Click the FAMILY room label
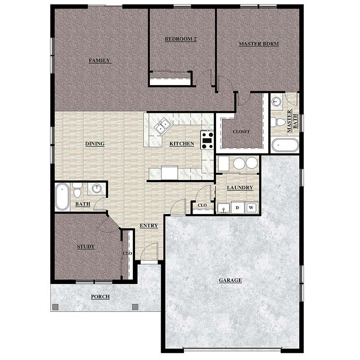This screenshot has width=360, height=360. pos(99,60)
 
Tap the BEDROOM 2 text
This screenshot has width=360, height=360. pos(180,39)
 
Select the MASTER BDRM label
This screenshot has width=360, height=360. pos(258,44)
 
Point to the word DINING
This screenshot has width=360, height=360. pos(94,144)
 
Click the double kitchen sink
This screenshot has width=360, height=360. pos(162,126)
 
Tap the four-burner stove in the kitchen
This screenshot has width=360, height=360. pos(207,139)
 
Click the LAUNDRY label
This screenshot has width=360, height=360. pos(240,188)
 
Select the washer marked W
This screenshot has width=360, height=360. pos(252,207)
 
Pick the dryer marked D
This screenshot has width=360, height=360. pos(238,207)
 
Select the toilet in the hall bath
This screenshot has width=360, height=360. pos(77,191)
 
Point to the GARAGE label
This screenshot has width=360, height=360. pos(230,280)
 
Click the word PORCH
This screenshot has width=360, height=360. pos(100,297)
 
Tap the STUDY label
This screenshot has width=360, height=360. pos(85,247)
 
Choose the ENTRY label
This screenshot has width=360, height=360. pos(148,225)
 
